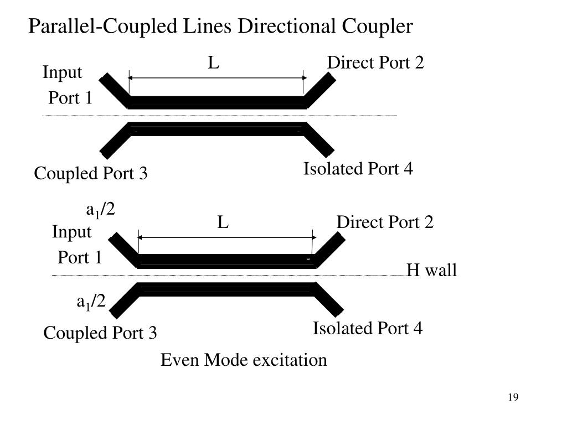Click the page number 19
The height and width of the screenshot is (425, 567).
(512, 397)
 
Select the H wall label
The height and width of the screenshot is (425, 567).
(432, 271)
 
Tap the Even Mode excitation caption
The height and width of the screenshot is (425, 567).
(244, 360)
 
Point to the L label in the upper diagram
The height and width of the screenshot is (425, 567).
(214, 63)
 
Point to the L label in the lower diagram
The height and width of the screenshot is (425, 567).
(223, 222)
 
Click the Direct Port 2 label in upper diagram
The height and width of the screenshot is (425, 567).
(375, 63)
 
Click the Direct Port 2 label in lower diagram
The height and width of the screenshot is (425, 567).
(385, 222)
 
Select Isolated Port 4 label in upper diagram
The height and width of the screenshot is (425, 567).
(358, 169)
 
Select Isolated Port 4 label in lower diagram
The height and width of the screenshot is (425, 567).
(368, 329)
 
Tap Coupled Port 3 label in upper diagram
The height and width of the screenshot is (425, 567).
(91, 174)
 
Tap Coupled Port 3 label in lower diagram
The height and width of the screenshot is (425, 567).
(100, 333)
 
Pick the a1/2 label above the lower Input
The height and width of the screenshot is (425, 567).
(100, 210)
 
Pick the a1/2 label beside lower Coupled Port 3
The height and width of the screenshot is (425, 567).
(91, 302)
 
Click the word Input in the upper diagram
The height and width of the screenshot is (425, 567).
(63, 72)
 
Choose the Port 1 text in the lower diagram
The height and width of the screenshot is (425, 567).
(80, 258)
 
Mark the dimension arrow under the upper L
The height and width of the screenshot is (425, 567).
(217, 78)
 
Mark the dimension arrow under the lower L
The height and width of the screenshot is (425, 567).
(226, 237)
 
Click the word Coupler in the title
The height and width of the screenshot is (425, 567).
(380, 26)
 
